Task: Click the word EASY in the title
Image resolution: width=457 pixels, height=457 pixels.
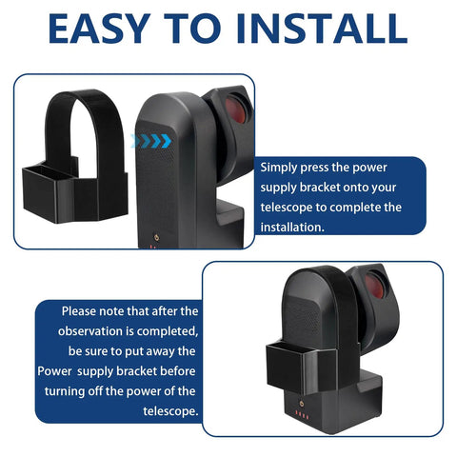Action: pos(99,29)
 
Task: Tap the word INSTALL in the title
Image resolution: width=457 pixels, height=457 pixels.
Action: pos(321,29)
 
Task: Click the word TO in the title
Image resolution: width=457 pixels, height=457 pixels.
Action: pos(192,29)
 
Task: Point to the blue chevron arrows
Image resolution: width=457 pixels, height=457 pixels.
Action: pos(151,141)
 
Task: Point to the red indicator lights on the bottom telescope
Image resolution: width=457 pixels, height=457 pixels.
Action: pos(302,414)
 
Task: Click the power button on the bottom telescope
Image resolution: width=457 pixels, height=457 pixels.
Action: pos(301,404)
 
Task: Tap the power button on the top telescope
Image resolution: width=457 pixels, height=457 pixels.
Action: pos(156,237)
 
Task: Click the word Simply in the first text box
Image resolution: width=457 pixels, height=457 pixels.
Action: pos(278,169)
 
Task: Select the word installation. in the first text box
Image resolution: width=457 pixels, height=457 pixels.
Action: pos(292,228)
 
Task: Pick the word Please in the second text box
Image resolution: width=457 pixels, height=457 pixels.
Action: pos(79,311)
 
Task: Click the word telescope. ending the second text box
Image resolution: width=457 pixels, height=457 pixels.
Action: pos(170,411)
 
